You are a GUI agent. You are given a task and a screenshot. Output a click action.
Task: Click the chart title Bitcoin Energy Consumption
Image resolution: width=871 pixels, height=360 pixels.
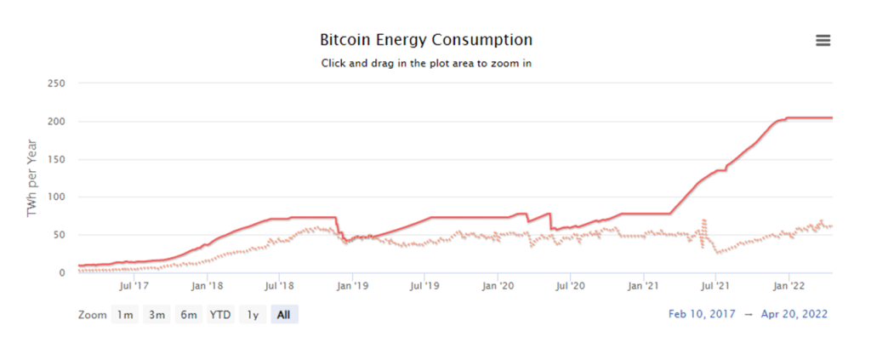(x=426, y=40)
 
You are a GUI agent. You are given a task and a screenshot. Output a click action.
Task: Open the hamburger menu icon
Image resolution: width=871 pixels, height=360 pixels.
(x=823, y=41)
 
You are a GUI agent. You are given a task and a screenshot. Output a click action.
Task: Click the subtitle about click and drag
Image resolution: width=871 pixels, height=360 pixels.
(x=426, y=63)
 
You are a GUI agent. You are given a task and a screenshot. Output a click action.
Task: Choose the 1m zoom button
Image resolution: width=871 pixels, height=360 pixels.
(x=125, y=315)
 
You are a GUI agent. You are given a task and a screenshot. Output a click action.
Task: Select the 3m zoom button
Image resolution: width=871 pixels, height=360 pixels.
(x=157, y=315)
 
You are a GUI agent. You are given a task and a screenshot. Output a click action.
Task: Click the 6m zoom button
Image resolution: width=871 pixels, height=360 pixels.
(x=188, y=315)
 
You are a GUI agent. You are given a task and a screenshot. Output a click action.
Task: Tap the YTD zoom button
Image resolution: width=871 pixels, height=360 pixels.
(x=220, y=315)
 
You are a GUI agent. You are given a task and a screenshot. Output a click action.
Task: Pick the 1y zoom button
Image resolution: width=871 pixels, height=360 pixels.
(x=252, y=315)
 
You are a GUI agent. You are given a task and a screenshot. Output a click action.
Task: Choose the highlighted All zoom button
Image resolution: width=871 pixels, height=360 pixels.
(x=284, y=315)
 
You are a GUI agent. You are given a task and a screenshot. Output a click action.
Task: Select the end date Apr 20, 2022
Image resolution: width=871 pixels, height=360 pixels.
(x=794, y=314)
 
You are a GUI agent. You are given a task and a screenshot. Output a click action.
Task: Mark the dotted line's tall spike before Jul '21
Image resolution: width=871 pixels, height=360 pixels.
(x=704, y=221)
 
